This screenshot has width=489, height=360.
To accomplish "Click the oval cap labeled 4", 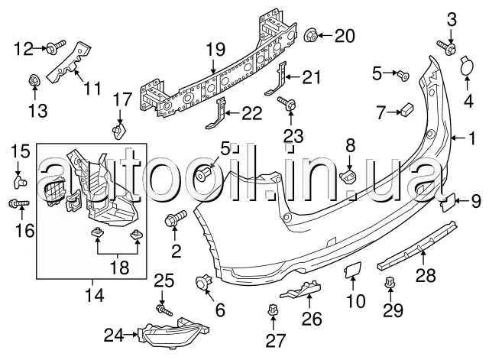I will (465, 70).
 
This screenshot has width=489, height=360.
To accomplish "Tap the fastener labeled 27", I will (273, 312).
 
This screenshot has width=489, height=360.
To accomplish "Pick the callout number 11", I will (92, 89).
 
